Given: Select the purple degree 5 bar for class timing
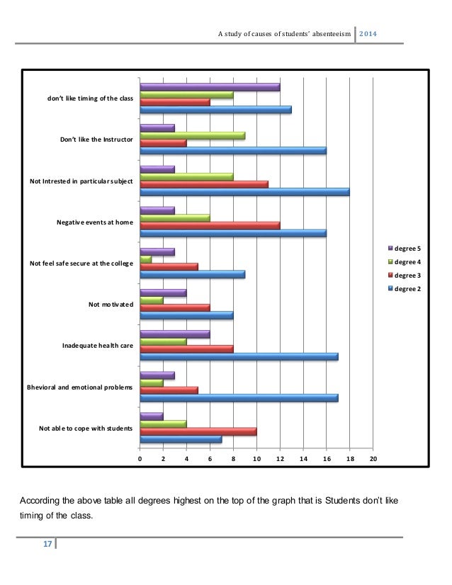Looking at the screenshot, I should [x=210, y=87].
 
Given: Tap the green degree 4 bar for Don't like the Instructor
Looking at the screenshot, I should [x=193, y=135].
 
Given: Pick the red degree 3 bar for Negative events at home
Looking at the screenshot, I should [x=210, y=225].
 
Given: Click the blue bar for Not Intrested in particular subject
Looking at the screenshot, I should [x=244, y=192].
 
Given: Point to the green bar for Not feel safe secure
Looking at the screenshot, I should [x=146, y=259].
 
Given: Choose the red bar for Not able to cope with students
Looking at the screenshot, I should [x=198, y=431].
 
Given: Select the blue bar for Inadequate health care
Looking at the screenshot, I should [x=239, y=356].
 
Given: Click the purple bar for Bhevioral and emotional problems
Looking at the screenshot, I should [x=157, y=375].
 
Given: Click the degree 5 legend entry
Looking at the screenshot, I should [x=407, y=248].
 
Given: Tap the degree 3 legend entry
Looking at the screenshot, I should [x=407, y=275].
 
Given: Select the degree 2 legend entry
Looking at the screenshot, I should [x=407, y=288].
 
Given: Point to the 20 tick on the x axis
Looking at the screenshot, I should [x=373, y=459].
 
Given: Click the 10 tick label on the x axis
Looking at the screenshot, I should [x=256, y=459].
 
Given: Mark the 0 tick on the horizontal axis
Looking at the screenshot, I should [x=140, y=459].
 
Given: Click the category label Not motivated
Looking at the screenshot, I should [x=111, y=305].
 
